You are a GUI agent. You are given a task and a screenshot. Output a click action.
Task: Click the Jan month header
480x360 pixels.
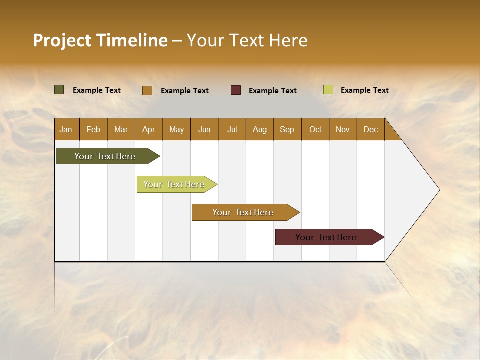point(66,129)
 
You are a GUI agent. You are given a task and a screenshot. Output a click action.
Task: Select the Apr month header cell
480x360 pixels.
point(149,129)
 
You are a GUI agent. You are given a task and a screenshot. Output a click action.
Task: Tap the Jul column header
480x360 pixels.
point(232,129)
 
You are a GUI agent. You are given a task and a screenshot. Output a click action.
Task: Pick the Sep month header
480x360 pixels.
point(287,129)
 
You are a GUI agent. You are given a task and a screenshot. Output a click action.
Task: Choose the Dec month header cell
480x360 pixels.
point(370,129)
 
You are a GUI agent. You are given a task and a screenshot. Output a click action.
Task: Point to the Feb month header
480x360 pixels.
point(93,129)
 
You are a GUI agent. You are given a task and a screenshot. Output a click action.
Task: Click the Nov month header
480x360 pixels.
point(343,129)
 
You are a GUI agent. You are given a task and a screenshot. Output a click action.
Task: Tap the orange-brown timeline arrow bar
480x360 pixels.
point(243,212)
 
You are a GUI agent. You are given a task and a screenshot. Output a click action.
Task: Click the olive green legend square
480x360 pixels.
point(59,90)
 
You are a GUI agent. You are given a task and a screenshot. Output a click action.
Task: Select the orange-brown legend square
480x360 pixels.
point(147,90)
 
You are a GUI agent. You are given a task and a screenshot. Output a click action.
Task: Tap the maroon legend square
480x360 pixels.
point(236,90)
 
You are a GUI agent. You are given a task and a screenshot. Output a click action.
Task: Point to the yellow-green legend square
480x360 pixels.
point(328,90)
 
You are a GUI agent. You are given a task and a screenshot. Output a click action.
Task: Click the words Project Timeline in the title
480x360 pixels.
point(100,40)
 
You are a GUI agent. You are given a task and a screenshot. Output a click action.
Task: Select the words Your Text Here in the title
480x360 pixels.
point(247,40)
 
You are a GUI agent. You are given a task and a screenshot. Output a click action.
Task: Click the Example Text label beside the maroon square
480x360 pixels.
point(272,91)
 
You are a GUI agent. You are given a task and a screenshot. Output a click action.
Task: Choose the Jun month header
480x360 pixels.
point(204,129)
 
